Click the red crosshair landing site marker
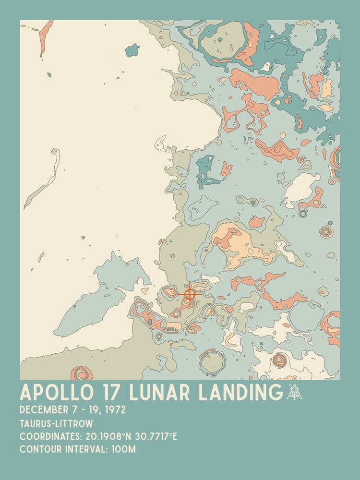coord(190,293)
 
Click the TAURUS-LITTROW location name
coord(57,424)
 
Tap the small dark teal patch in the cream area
coord(132,49)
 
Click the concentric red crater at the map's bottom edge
coord(82,373)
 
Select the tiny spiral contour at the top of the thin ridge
coord(55,152)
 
